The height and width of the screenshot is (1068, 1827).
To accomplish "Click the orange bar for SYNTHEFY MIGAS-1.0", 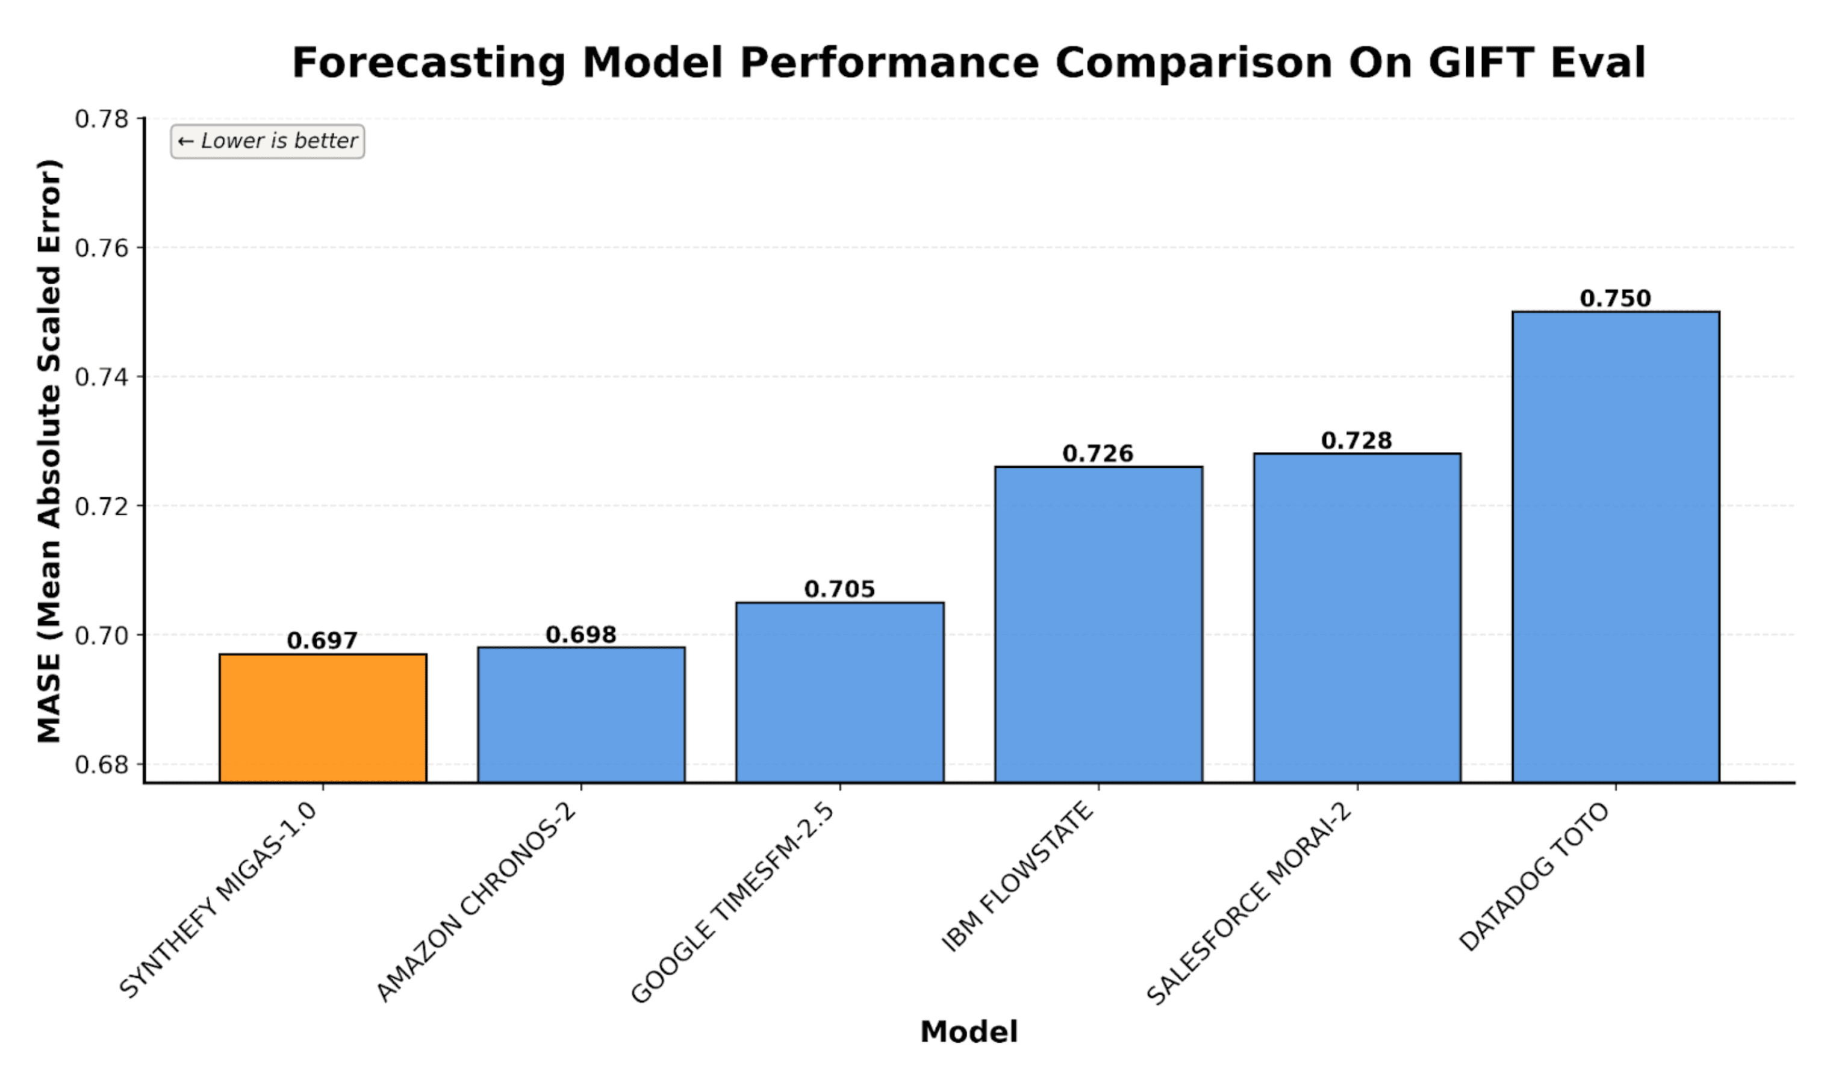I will [323, 718].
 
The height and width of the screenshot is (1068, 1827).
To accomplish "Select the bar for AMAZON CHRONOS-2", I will [580, 714].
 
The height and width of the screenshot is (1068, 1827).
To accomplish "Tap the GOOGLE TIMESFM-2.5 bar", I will [839, 692].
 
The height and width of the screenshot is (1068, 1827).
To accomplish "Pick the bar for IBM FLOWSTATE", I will [1098, 624].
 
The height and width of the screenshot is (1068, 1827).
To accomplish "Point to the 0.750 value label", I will [1615, 298].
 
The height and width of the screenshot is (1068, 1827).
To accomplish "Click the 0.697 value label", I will [323, 640].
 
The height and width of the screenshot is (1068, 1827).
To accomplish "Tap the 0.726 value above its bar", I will [1098, 453].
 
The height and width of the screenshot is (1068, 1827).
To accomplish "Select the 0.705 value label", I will [839, 589].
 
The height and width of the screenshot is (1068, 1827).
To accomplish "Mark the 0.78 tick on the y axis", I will [102, 118].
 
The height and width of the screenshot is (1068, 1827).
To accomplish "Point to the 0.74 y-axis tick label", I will [102, 377].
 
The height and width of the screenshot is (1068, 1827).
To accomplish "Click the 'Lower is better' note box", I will [267, 141].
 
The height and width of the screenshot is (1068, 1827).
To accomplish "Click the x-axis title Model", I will [969, 1031].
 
